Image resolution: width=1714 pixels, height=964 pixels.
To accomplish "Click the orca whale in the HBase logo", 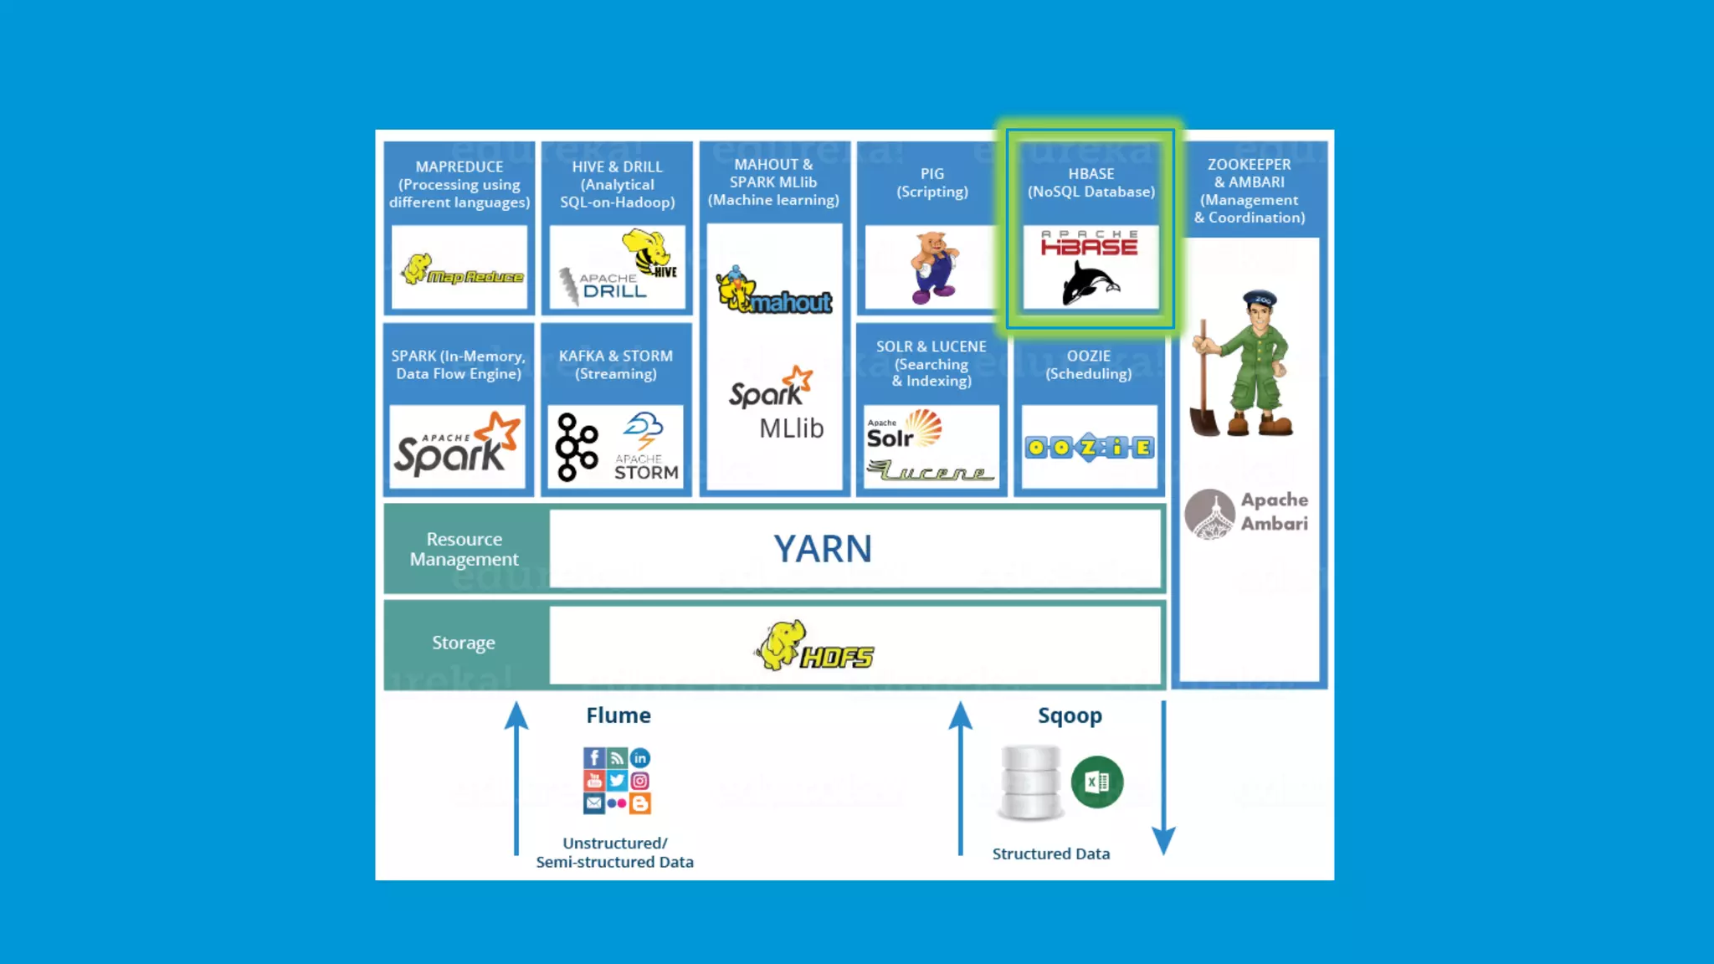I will pyautogui.click(x=1090, y=283).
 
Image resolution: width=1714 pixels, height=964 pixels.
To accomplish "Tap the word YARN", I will pyautogui.click(x=823, y=549).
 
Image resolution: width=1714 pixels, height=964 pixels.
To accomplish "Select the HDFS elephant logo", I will pyautogui.click(x=814, y=646).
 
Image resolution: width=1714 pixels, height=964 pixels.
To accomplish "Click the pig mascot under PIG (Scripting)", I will pyautogui.click(x=934, y=268).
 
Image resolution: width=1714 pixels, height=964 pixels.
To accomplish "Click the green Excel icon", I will pyautogui.click(x=1097, y=782).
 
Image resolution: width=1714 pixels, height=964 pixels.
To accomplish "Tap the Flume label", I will pyautogui.click(x=618, y=715).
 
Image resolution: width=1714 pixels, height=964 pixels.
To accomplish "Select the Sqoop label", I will pyautogui.click(x=1070, y=715).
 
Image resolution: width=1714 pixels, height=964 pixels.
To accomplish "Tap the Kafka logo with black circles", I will pyautogui.click(x=577, y=447).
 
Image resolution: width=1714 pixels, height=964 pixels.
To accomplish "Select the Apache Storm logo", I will pyautogui.click(x=645, y=448).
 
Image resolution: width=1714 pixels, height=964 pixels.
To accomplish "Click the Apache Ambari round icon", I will pyautogui.click(x=1210, y=513).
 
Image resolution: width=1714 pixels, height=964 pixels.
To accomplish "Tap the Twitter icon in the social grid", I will pyautogui.click(x=617, y=781).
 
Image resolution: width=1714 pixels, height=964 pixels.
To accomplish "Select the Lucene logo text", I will pyautogui.click(x=931, y=472).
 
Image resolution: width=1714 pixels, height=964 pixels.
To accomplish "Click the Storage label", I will pyautogui.click(x=464, y=643).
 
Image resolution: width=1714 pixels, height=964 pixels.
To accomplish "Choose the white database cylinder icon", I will pyautogui.click(x=1030, y=782).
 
